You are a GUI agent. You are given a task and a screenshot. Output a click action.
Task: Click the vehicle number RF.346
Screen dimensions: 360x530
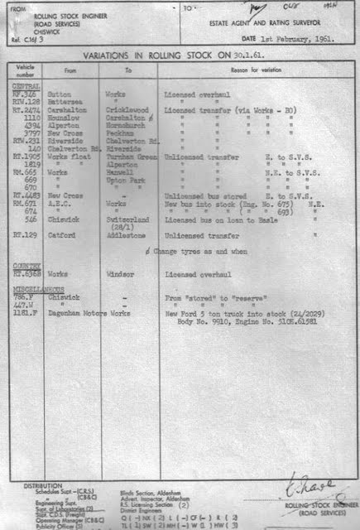tap(24, 95)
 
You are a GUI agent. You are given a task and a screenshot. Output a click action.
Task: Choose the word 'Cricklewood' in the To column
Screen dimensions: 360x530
tap(125, 109)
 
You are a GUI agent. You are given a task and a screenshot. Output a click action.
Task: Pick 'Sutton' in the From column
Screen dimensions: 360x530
tap(60, 95)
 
